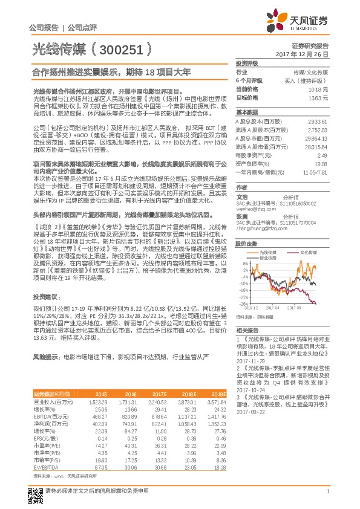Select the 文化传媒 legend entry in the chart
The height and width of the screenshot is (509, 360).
(x=309, y=252)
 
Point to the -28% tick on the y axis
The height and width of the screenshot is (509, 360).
(x=244, y=303)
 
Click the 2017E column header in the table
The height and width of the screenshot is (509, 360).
(x=160, y=375)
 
